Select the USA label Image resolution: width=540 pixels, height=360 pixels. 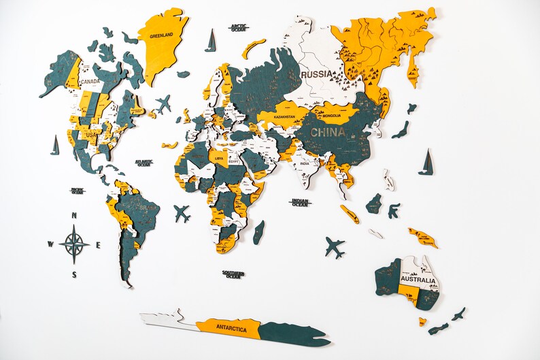pyautogui.click(x=91, y=135)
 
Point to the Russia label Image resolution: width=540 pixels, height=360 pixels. pyautogui.click(x=317, y=73)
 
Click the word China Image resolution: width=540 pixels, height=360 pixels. pyautogui.click(x=328, y=133)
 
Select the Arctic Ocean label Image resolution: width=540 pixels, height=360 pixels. pyautogui.click(x=239, y=28)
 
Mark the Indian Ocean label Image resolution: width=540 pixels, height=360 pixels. pyautogui.click(x=300, y=202)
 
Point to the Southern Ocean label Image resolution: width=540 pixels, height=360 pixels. pyautogui.click(x=233, y=274)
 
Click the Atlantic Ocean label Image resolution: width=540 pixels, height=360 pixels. pyautogui.click(x=144, y=163)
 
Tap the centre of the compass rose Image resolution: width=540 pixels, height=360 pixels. pyautogui.click(x=74, y=244)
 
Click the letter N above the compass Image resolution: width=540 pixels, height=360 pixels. pyautogui.click(x=75, y=217)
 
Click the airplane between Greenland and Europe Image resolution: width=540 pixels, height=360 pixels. pyautogui.click(x=163, y=104)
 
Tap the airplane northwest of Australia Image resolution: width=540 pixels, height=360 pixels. pyautogui.click(x=334, y=247)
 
